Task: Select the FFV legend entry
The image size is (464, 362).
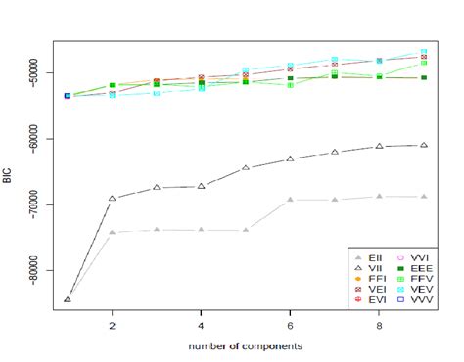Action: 422,277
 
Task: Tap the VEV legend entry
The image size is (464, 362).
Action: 422,290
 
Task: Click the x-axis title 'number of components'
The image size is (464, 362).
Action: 246,346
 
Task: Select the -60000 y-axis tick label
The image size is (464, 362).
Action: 36,138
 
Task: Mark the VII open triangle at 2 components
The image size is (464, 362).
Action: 113,198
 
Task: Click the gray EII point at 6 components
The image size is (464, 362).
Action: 291,200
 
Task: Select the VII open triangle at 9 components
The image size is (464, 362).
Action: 424,145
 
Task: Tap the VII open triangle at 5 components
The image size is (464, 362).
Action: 246,167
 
